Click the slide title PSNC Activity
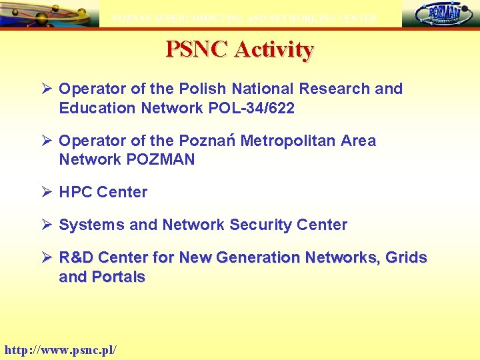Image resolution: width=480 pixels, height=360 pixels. [x=239, y=49]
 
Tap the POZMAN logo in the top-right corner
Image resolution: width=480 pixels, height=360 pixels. [x=441, y=14]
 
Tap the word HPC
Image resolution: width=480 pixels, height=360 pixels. [x=75, y=192]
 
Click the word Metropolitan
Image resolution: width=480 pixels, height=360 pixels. [x=288, y=141]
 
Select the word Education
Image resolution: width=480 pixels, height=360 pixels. [x=97, y=108]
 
